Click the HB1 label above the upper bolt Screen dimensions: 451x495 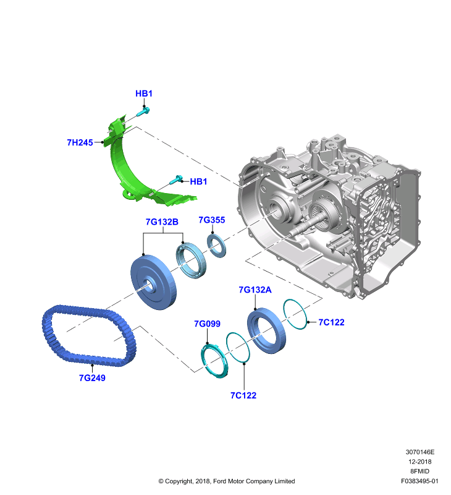point(144,93)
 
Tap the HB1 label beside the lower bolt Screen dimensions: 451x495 point(198,181)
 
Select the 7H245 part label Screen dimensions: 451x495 point(80,142)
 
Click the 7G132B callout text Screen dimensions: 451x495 point(162,222)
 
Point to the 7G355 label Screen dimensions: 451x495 point(212,220)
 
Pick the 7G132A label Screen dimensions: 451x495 point(255,290)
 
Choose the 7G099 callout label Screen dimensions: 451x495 point(207,324)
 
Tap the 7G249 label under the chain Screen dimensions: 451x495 point(92,377)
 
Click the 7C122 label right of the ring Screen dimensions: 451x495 point(331,322)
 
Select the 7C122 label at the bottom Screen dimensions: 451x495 point(243,395)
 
